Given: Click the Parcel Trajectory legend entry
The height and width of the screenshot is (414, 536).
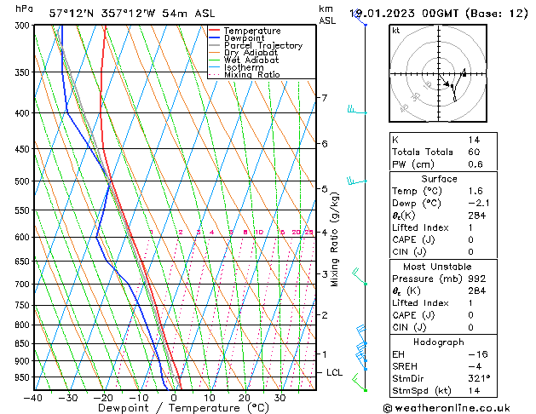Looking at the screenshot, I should click(x=262, y=45).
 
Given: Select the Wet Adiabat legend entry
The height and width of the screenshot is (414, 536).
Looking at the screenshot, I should click(x=251, y=60).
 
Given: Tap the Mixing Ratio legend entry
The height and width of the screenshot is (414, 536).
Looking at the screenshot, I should click(x=251, y=75).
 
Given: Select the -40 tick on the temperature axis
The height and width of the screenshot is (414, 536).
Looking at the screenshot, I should click(x=34, y=398).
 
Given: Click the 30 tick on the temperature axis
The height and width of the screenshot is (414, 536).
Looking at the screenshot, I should click(x=280, y=398).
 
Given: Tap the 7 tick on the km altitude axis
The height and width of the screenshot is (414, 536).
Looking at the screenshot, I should click(x=324, y=98).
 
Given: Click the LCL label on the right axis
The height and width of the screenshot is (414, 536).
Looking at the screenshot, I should click(x=335, y=373).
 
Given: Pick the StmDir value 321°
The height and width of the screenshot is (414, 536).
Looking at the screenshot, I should click(x=478, y=378).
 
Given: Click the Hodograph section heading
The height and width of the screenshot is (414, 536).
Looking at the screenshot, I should click(x=439, y=342).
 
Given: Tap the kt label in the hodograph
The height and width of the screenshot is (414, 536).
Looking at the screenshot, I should click(x=395, y=30).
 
